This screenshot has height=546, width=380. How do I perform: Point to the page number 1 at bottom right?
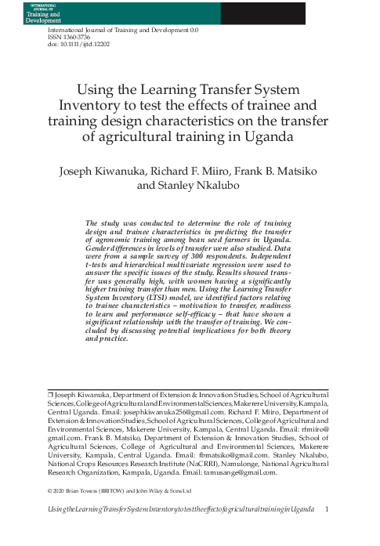tap(325, 510)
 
